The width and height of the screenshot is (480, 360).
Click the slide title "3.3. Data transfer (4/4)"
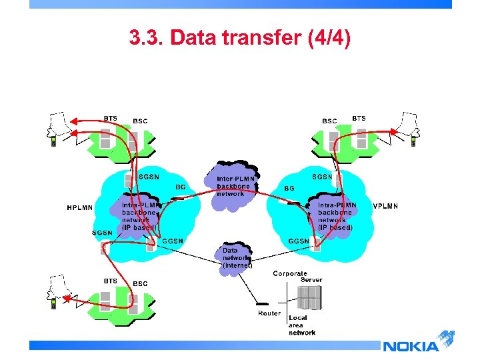click(239, 38)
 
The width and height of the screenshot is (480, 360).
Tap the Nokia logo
click(411, 345)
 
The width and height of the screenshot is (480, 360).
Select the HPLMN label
click(80, 207)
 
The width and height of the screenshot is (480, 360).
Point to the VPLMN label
click(385, 206)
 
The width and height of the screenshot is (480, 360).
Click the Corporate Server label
click(298, 277)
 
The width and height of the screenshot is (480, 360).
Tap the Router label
click(269, 313)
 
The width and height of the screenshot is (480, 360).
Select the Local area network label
click(302, 325)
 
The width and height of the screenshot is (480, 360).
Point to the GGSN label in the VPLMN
click(299, 241)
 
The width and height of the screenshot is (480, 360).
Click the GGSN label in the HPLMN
click(173, 241)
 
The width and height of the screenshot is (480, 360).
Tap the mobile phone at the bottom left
click(53, 305)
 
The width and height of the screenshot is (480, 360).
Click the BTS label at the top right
click(359, 118)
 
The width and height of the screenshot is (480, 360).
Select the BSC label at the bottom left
click(140, 284)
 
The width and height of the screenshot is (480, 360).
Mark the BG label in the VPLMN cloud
click(289, 189)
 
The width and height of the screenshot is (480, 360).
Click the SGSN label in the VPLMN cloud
click(322, 177)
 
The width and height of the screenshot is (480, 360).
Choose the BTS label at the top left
click(110, 119)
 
